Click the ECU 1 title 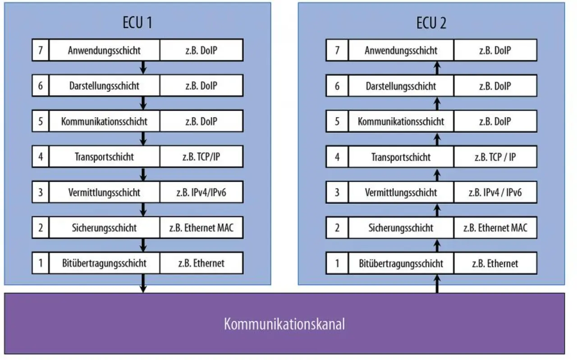click(x=137, y=23)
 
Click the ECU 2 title click(x=431, y=23)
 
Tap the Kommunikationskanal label click(x=284, y=324)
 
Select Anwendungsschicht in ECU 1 click(x=104, y=50)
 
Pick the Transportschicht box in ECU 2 click(x=401, y=157)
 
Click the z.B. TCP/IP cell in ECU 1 click(x=201, y=156)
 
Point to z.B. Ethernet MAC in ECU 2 click(x=495, y=228)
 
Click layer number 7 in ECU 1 click(x=41, y=50)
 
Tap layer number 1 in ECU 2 click(x=337, y=263)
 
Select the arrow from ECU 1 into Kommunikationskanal click(x=143, y=283)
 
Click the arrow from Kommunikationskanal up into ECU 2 click(x=437, y=284)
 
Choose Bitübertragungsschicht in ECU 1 click(x=104, y=263)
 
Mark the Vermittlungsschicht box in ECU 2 click(x=401, y=192)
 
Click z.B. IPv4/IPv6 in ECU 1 click(x=201, y=192)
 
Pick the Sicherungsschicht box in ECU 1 click(x=104, y=228)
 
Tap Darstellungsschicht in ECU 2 click(x=401, y=86)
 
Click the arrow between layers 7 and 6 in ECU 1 click(x=143, y=68)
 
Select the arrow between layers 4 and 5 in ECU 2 click(x=437, y=139)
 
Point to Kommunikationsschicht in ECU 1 click(x=104, y=121)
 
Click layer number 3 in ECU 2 click(x=337, y=192)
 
